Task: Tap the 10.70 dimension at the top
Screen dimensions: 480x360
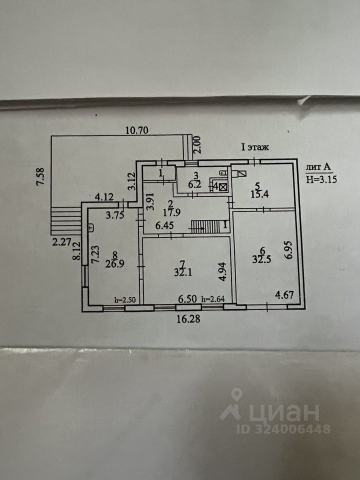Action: point(138,131)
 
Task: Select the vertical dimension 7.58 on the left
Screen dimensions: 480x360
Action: point(41,176)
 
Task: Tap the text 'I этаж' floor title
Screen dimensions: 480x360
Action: point(255,147)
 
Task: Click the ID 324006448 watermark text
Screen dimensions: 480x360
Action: point(283,429)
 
